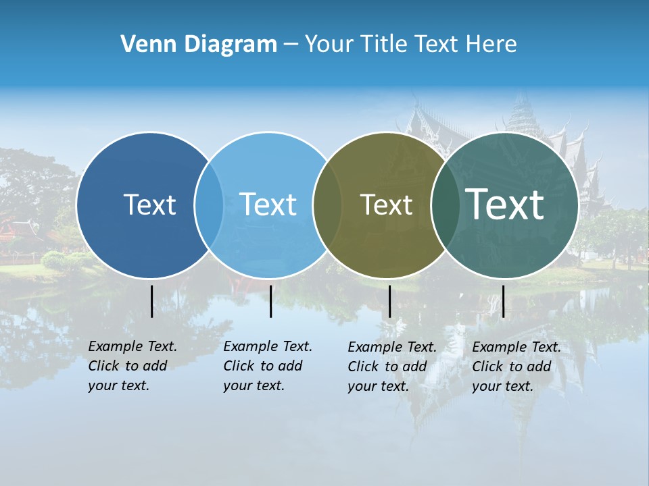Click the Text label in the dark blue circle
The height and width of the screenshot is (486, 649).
tap(149, 205)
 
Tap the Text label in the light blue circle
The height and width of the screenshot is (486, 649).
tap(268, 205)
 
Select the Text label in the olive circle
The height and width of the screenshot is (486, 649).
tap(386, 205)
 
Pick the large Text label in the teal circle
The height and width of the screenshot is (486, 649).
tap(505, 205)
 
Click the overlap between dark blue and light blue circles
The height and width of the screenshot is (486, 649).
tap(209, 205)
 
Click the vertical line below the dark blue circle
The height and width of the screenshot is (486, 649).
tap(151, 301)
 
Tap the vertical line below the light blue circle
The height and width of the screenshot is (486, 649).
tap(270, 301)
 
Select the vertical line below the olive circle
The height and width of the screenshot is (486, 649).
tap(389, 301)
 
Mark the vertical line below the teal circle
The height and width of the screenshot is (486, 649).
tap(503, 301)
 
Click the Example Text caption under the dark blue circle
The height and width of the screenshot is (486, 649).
tap(133, 366)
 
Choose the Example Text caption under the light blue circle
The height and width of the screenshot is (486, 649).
tap(268, 366)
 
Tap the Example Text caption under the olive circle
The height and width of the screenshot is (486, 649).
tap(392, 367)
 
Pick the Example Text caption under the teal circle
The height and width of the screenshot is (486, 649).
tap(516, 367)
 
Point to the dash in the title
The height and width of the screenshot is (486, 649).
tap(291, 45)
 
